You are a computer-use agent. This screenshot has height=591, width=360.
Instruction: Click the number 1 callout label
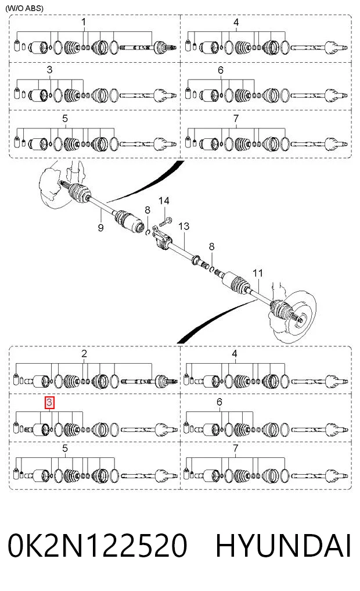point(84,22)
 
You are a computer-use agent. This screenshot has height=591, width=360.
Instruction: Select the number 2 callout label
point(84,353)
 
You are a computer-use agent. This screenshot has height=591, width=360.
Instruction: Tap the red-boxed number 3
point(49,403)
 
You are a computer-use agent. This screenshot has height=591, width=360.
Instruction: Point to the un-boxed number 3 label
point(49,70)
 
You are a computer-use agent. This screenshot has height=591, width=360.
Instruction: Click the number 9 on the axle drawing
point(100,228)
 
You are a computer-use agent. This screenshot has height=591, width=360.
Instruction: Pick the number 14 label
point(164,201)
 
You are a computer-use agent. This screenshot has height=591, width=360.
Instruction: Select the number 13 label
point(183,226)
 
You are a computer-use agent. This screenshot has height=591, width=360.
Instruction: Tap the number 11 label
point(258,273)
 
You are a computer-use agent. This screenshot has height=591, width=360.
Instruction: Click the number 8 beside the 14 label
point(147,210)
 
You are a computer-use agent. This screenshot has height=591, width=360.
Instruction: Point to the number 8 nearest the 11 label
point(211,246)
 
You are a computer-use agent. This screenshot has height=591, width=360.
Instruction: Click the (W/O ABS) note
point(24,8)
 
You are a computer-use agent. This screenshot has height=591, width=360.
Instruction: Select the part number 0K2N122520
point(98,546)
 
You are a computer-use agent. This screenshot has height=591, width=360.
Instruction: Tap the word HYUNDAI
point(283,546)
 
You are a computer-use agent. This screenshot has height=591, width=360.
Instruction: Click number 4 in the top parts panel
point(236,22)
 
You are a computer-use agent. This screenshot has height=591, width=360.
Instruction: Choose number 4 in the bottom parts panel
point(235,353)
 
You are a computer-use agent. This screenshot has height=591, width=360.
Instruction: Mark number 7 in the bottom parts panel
point(235,449)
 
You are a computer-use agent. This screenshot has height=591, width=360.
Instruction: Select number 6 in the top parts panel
point(220,70)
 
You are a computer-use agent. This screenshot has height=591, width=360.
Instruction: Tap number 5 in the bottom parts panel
point(65,449)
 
